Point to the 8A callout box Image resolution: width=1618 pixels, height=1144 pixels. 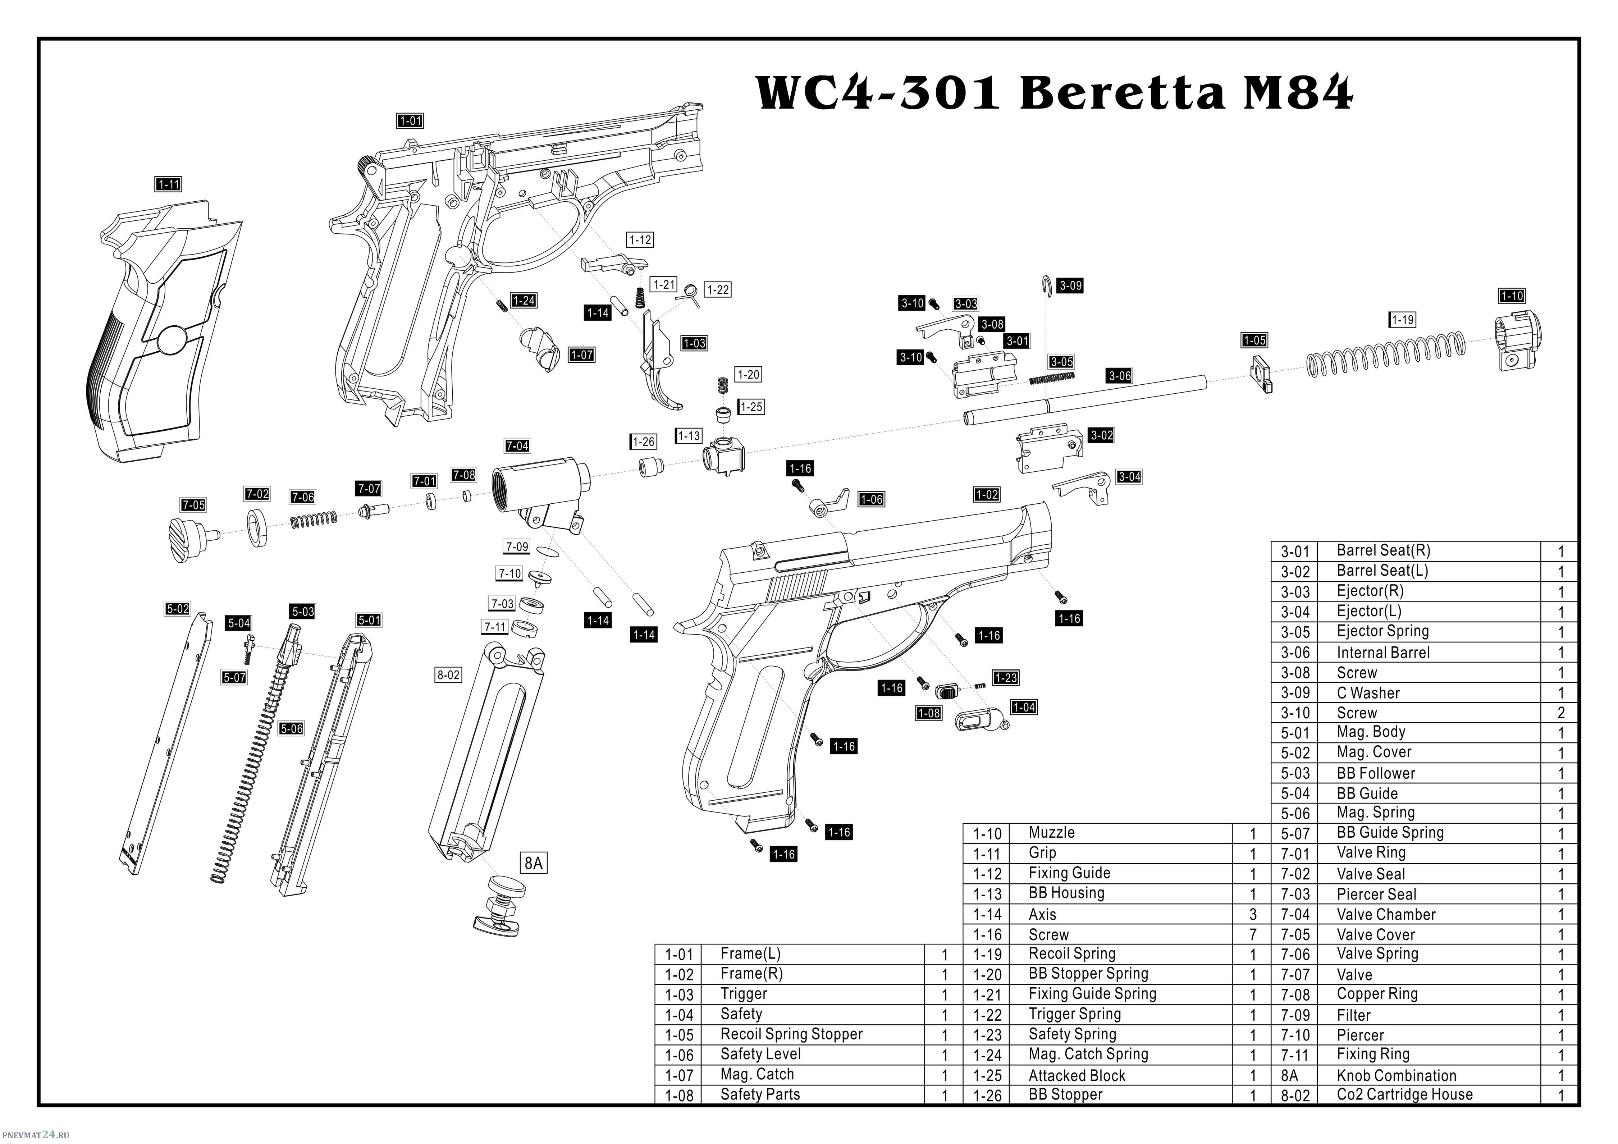pos(534,863)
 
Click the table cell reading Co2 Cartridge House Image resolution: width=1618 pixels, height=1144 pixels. pos(1404,1095)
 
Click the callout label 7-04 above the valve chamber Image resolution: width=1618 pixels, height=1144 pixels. pos(517,446)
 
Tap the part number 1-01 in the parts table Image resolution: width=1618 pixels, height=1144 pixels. pos(679,955)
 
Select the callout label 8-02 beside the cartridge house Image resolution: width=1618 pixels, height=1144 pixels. pos(448,675)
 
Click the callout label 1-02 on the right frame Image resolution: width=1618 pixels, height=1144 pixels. pos(987,494)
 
